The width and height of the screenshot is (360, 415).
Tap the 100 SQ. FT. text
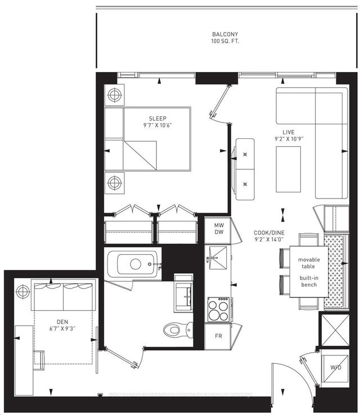220,41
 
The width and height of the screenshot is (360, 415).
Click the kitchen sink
217,256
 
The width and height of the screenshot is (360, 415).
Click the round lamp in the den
23,291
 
